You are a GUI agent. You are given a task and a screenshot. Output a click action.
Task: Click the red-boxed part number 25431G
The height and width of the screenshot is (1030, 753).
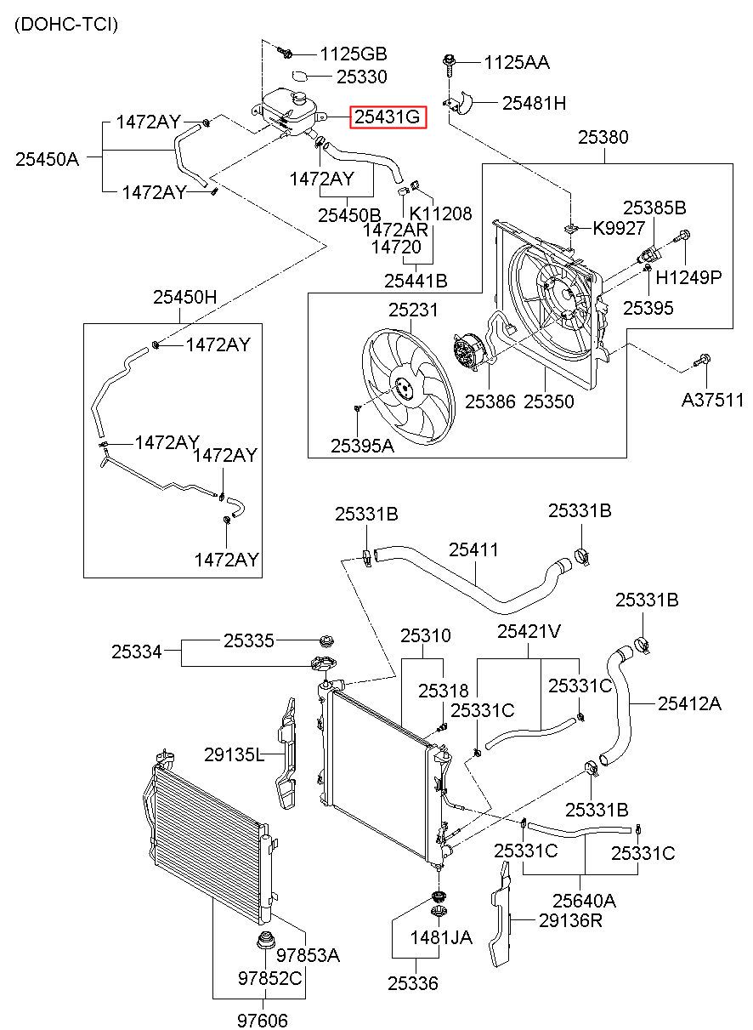(x=388, y=117)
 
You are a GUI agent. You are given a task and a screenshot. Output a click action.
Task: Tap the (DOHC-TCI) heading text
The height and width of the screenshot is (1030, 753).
(x=66, y=24)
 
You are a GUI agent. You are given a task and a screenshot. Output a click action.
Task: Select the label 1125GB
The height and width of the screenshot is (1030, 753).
(x=354, y=54)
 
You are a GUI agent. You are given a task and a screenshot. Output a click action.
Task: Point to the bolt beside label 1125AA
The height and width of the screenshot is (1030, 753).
(x=449, y=65)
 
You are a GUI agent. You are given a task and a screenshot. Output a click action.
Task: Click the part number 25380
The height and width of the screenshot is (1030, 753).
(x=603, y=137)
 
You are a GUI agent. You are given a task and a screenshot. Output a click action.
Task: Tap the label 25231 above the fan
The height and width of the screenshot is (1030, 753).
(x=413, y=310)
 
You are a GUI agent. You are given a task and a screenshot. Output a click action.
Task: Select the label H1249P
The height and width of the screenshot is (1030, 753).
(x=688, y=276)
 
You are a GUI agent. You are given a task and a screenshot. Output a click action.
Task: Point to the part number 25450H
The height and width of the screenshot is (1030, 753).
(x=184, y=297)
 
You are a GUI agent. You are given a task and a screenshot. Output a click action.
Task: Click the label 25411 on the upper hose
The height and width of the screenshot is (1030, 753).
(x=473, y=549)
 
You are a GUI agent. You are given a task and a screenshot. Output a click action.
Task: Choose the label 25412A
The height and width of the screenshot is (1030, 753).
(x=689, y=703)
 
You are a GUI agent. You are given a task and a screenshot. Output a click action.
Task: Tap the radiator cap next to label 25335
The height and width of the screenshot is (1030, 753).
(x=326, y=640)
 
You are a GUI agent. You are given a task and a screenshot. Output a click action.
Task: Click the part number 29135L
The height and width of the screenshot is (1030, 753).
(x=235, y=754)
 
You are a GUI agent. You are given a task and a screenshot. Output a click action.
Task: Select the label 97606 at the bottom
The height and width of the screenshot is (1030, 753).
(x=263, y=1020)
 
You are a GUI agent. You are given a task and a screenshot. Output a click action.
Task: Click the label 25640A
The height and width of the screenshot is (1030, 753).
(x=584, y=900)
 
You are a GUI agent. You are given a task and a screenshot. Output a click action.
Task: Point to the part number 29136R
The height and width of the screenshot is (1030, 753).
(x=570, y=920)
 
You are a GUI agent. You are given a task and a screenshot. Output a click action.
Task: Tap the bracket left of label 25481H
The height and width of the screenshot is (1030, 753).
(x=460, y=103)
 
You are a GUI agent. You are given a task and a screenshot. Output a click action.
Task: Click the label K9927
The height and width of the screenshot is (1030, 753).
(x=619, y=228)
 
